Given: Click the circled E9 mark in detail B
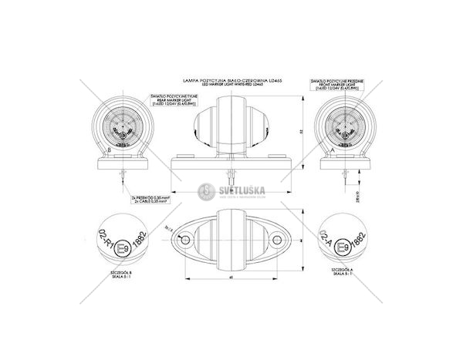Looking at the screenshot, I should tap(122, 248).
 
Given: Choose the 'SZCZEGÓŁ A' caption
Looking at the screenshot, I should tap(341, 271).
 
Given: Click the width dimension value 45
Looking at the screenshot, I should tap(231, 278).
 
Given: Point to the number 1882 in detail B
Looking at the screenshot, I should tap(137, 239).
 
